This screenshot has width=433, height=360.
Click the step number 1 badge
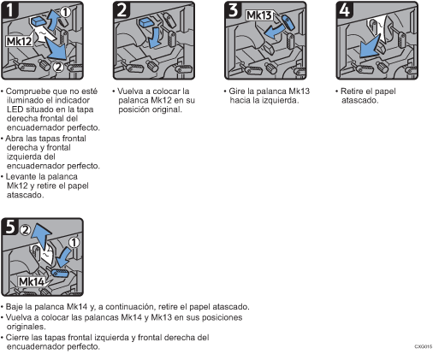point(10,9)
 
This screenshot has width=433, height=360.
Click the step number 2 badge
point(122,9)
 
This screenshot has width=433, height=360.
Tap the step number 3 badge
point(234,9)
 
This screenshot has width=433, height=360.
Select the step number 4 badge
point(345,9)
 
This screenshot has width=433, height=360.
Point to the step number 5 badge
point(10,227)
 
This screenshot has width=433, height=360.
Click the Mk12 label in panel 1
point(20,41)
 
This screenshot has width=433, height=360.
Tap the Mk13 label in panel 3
point(259,15)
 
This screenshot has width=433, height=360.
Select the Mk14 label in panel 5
point(32,282)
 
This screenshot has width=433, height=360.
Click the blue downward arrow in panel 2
point(155,38)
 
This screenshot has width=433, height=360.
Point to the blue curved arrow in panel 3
point(274,32)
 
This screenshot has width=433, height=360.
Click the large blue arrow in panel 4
point(370,47)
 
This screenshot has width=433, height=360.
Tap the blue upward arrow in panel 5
point(42,236)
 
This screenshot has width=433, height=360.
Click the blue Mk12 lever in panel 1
point(37,21)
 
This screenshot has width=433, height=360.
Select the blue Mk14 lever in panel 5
point(60,273)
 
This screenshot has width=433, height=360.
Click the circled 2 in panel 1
point(58,67)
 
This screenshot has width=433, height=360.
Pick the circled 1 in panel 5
point(74,243)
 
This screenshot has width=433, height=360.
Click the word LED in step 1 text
point(15,109)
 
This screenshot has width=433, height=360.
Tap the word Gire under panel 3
point(237,91)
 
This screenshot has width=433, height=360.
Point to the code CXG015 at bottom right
point(424,346)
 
